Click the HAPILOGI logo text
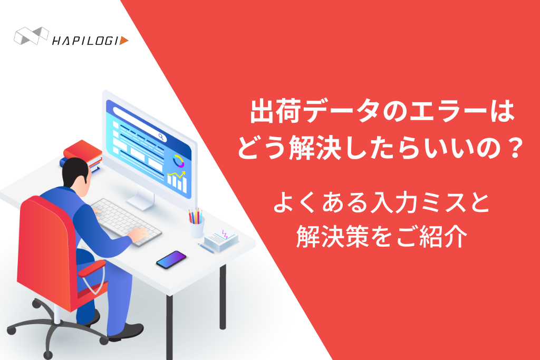[86, 41]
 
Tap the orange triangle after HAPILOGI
[124, 41]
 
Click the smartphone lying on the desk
[171, 259]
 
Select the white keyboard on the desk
[126, 222]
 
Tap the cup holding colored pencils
[197, 227]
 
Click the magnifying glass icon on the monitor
[161, 137]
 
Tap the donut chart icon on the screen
[178, 161]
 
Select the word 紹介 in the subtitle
[444, 236]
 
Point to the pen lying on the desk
[206, 248]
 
